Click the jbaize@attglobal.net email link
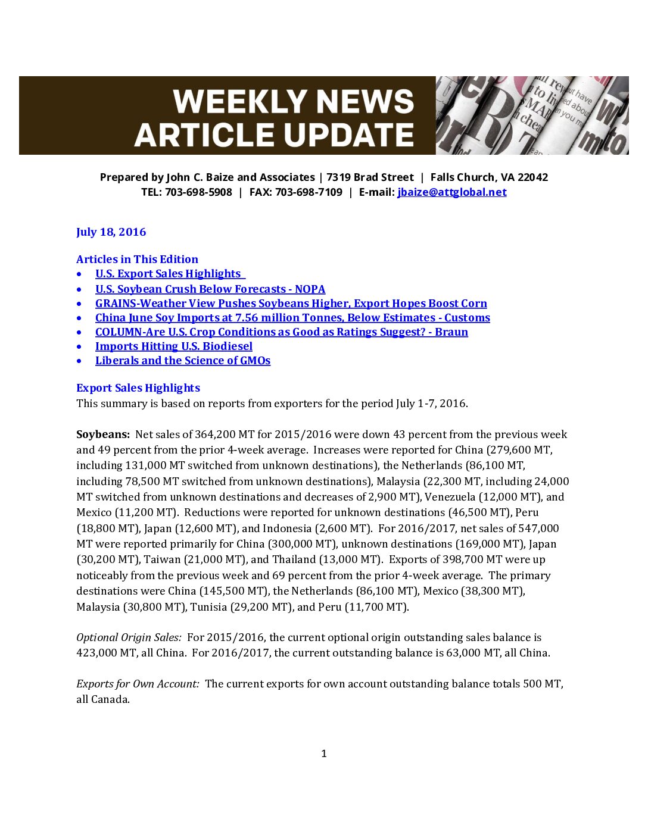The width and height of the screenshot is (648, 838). (452, 192)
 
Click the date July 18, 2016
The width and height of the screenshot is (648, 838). (111, 232)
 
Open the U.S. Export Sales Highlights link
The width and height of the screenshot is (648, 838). (169, 274)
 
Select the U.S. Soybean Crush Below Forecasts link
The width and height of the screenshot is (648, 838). (210, 289)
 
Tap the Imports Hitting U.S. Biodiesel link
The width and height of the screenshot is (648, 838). (174, 346)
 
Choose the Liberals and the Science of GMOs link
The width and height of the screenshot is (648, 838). (183, 361)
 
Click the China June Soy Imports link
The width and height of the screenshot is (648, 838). (292, 318)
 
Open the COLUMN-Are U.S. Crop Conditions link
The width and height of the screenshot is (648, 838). (281, 332)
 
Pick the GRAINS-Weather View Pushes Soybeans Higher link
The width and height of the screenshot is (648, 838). (291, 304)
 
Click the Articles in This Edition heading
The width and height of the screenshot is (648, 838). (137, 259)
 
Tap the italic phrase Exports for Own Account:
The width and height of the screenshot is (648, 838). (138, 684)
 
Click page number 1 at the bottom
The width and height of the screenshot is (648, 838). (324, 753)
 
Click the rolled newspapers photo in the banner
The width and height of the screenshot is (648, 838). (532, 115)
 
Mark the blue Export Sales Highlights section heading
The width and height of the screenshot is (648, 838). (138, 388)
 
